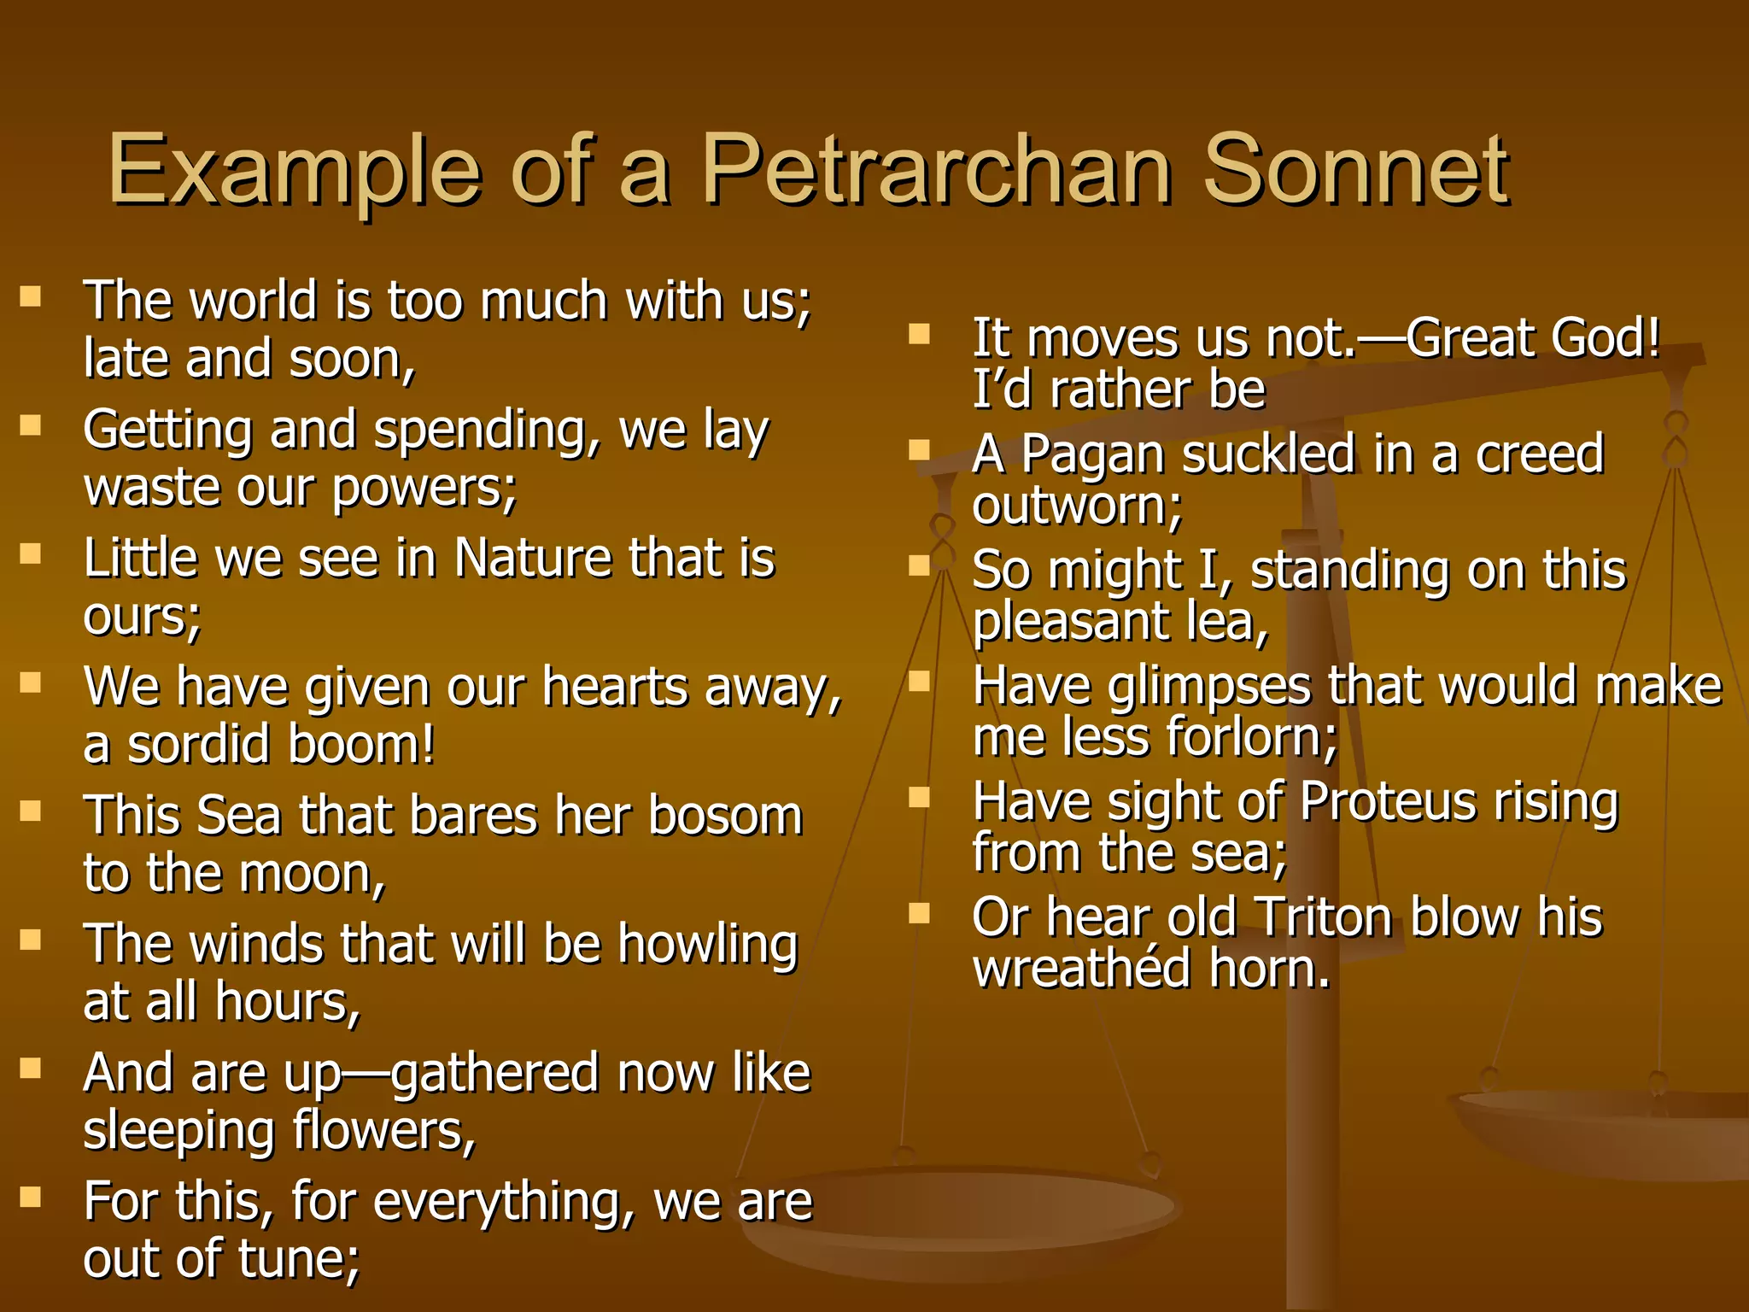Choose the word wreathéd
[x=1081, y=969]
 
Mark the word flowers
[x=383, y=1132]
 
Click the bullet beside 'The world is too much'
[x=31, y=296]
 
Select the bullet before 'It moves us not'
[x=919, y=333]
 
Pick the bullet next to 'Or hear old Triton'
[x=919, y=913]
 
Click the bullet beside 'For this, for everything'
[x=31, y=1197]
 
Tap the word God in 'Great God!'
[x=1606, y=337]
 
